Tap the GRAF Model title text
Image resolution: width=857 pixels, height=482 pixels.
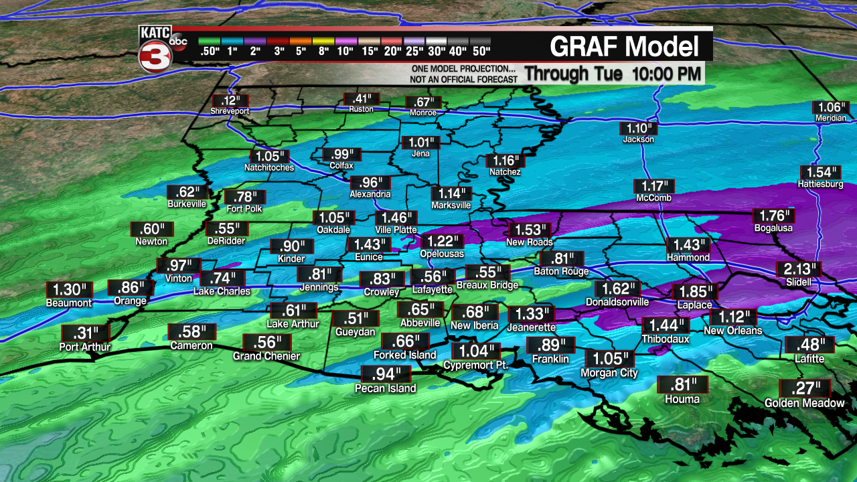pos(624,47)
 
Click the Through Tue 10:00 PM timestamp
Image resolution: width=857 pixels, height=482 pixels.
pos(612,74)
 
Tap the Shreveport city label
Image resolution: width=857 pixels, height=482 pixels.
pos(230,111)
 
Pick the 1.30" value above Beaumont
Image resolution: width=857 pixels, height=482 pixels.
pos(69,290)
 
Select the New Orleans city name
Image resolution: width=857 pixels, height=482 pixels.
pos(732,331)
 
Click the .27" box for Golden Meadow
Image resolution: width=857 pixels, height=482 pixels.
pos(805,388)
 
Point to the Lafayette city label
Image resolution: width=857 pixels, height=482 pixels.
pos(432,290)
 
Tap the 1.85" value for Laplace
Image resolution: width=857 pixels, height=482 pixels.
pos(694,292)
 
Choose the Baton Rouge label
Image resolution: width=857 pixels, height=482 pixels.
pos(561,272)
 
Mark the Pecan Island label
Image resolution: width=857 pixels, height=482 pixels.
pos(385,388)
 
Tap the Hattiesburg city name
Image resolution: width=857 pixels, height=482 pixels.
pos(820,184)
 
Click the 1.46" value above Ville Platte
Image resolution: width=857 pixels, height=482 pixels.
pos(395,218)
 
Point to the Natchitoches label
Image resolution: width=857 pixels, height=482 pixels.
pos(268,167)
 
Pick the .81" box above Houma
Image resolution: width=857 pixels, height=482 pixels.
pos(682,385)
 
